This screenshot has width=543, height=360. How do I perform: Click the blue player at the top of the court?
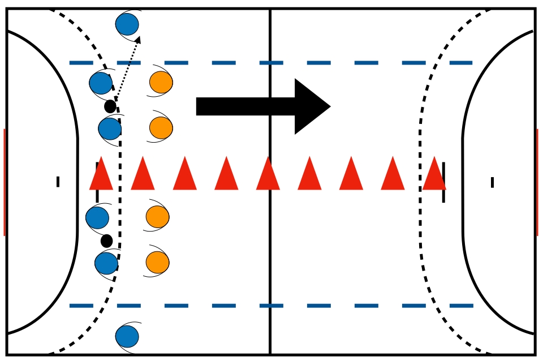pos(127,24)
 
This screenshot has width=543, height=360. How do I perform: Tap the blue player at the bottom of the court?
pos(127,336)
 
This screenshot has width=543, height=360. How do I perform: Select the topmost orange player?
pos(161,82)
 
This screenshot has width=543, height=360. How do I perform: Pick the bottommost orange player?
pos(157,262)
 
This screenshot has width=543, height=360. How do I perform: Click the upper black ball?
pos(110,106)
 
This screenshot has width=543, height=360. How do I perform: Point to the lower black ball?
pos(106,241)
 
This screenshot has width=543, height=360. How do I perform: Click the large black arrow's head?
pos(311,106)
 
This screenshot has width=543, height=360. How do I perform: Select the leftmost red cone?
pos(101,174)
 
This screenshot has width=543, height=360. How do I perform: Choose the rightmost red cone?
pos(434,174)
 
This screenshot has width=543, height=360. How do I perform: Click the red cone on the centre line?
pos(268,174)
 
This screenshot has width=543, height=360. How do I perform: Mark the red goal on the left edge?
pos(4,182)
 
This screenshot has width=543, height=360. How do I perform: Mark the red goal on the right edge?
pos(537,182)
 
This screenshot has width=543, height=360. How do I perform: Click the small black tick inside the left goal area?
pos(58,182)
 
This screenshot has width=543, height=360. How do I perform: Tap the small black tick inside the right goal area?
pos(492,182)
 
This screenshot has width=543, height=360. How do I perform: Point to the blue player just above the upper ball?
pos(101,83)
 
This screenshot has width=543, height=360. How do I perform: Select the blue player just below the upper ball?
pos(110,128)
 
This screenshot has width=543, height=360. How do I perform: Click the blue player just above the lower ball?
pos(97,218)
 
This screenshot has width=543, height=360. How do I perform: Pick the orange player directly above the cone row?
pos(161,127)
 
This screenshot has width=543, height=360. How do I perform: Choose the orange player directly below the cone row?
pos(157,217)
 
